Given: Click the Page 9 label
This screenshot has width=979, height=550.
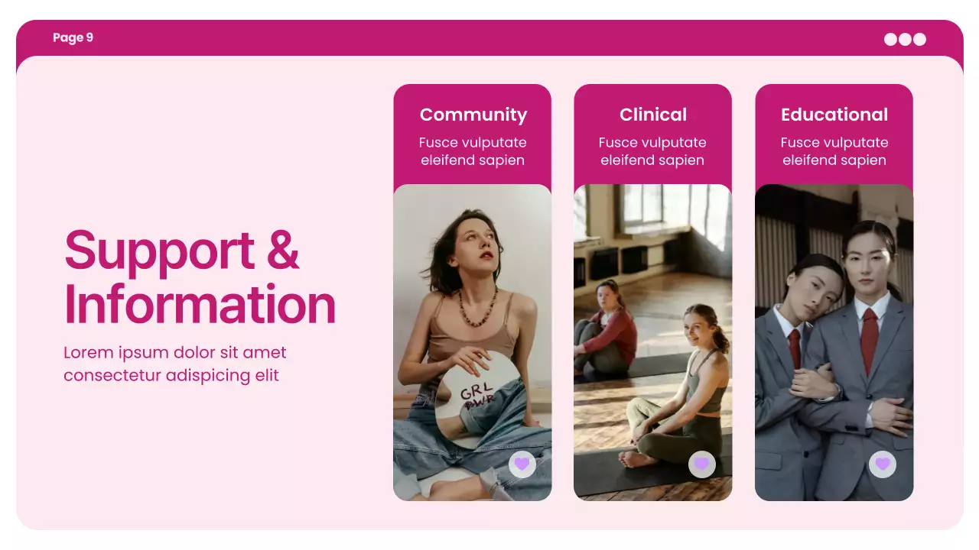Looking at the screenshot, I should coord(73,37).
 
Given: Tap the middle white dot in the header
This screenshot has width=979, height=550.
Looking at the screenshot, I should coord(905,39).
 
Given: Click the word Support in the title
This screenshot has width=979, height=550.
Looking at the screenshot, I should coord(159,250).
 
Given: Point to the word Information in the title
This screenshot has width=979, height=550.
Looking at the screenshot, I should coord(200,304).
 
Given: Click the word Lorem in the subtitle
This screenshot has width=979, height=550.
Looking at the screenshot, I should coord(87,353).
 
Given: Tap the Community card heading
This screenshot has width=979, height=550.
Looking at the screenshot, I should coord(473,115).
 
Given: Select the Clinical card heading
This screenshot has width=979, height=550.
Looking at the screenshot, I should coord(652,115).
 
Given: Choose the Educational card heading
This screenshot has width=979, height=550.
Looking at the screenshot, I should coord(834,115).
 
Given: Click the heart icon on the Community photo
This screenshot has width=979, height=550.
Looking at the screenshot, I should coord(522,464).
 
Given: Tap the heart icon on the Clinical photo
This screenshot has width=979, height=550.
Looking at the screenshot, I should coord(701,464).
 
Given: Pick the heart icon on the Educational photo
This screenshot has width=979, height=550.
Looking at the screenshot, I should coord(882,464).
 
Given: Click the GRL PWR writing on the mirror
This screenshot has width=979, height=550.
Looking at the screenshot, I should coord(476,395).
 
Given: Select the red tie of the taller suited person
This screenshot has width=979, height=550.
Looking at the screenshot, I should coord(869,340).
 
